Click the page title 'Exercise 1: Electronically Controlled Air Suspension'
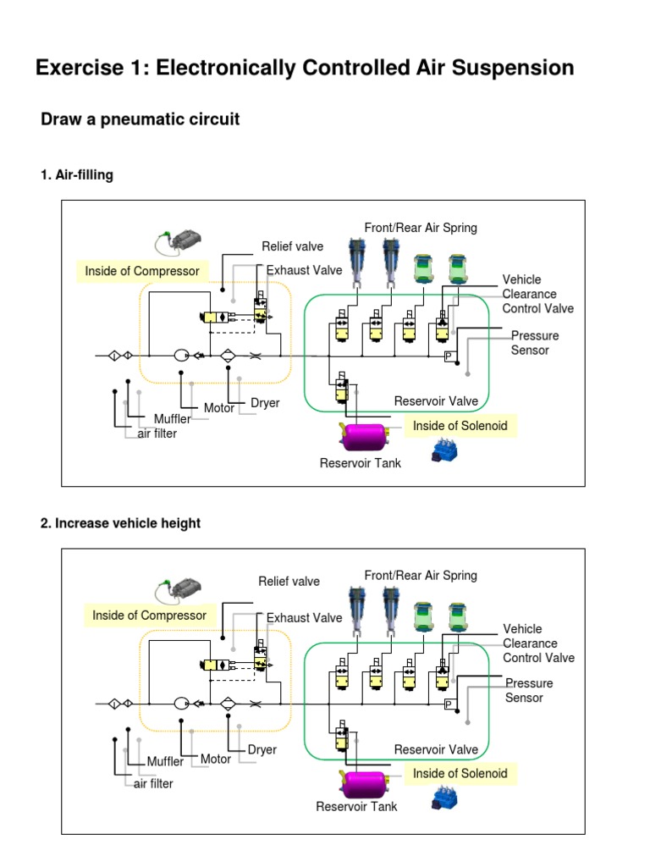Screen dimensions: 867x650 305,68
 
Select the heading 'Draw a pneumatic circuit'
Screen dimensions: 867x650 140,119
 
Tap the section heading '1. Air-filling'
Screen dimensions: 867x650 77,175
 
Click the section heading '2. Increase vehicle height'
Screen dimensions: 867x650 121,523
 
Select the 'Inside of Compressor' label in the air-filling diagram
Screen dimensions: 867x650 142,271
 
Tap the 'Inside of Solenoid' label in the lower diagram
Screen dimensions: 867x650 460,773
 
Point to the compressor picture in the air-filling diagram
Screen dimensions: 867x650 180,243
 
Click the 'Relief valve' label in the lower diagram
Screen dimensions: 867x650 289,582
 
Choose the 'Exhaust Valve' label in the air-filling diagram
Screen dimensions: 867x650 305,270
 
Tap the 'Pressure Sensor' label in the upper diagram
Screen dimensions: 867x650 535,343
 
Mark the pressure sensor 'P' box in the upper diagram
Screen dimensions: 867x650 449,356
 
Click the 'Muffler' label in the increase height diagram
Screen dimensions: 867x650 165,761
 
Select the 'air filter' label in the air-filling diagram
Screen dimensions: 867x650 157,434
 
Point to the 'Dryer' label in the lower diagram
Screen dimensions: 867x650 262,750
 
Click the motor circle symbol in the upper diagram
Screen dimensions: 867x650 181,356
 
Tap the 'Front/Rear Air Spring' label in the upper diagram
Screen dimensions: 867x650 421,228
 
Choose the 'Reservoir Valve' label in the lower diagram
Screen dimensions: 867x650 436,749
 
